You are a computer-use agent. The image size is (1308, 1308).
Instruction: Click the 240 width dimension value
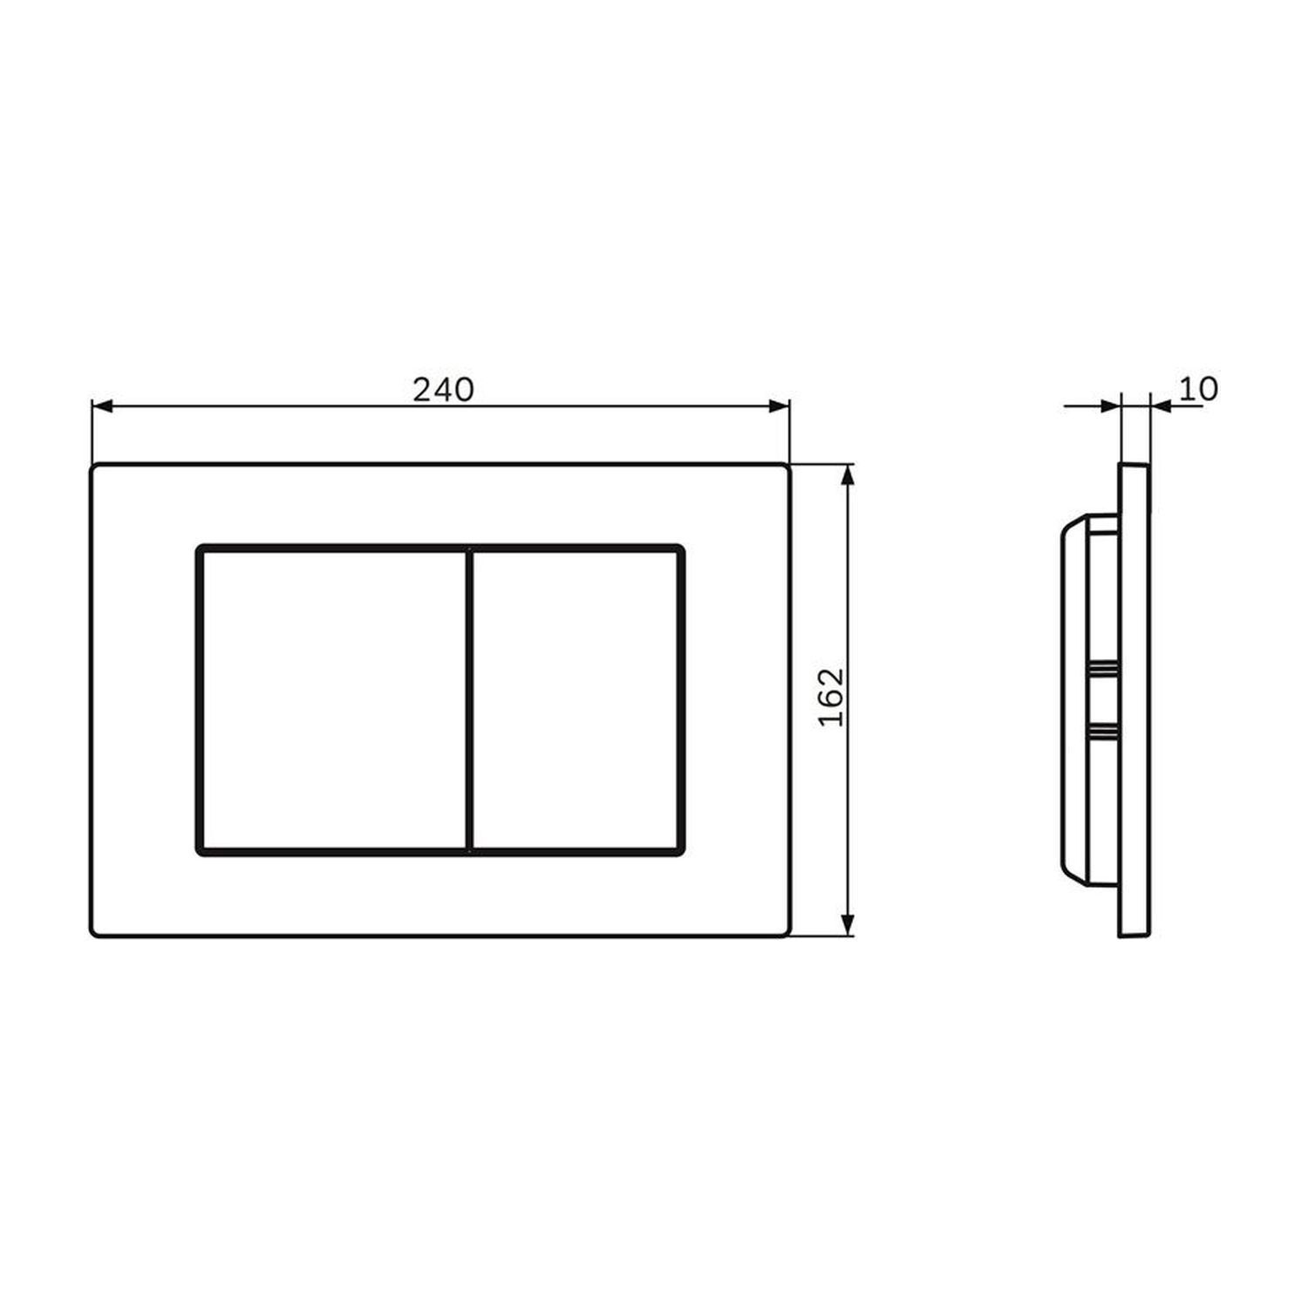[443, 390]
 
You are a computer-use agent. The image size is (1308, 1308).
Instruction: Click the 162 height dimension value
[834, 697]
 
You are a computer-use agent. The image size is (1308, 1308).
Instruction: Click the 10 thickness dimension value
[1198, 389]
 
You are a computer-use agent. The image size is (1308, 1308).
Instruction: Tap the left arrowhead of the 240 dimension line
[103, 405]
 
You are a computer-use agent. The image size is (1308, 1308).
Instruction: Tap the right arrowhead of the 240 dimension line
[778, 405]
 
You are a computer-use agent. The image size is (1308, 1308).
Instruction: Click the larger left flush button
[332, 698]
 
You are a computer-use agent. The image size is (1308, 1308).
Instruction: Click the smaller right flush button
[576, 698]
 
